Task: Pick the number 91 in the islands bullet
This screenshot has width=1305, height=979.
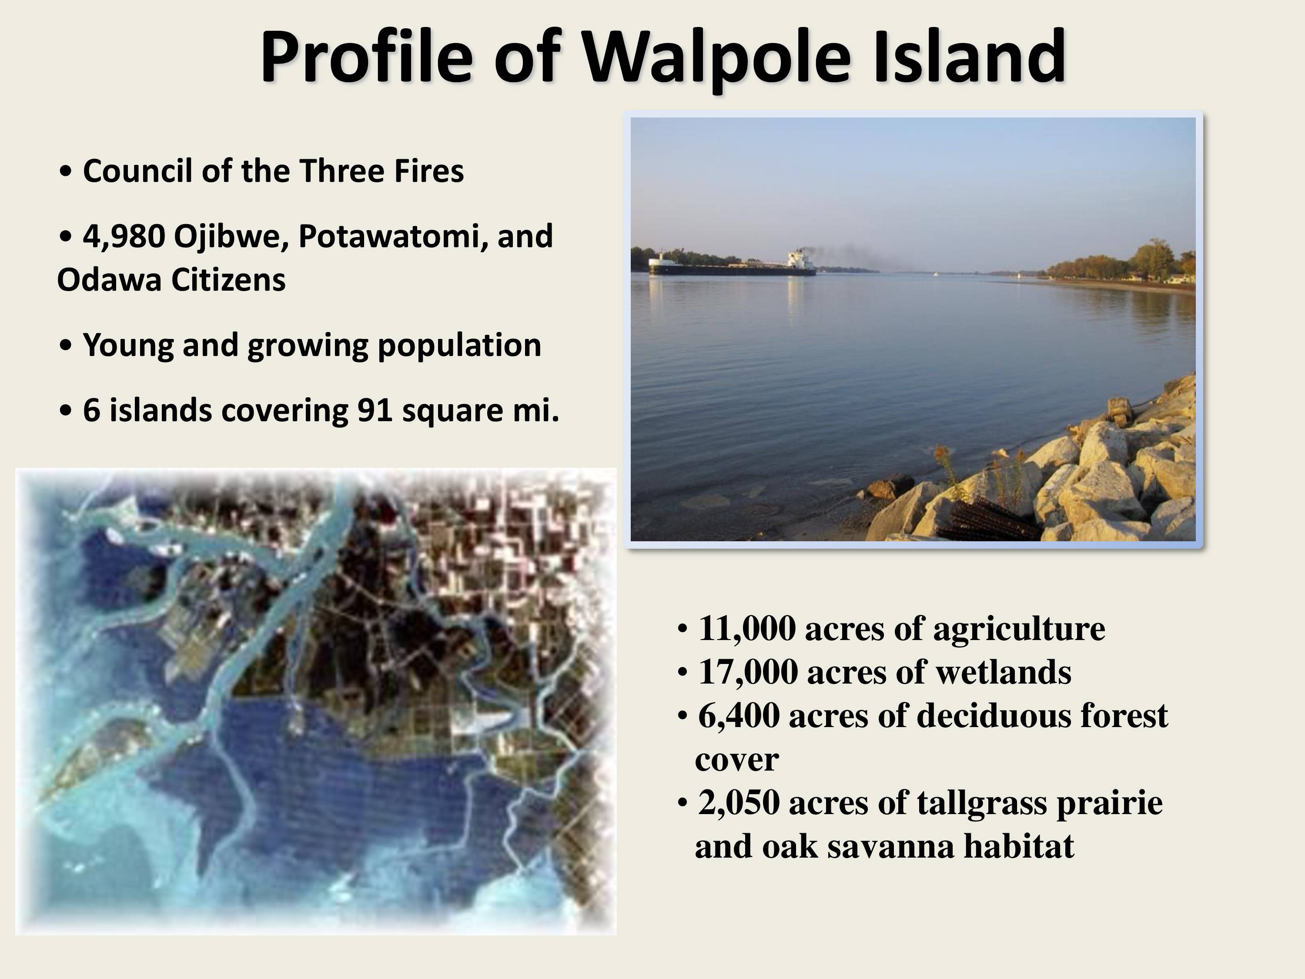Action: tap(375, 411)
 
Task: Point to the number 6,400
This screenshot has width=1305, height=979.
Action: tap(739, 716)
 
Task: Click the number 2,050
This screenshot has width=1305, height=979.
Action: tap(739, 803)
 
